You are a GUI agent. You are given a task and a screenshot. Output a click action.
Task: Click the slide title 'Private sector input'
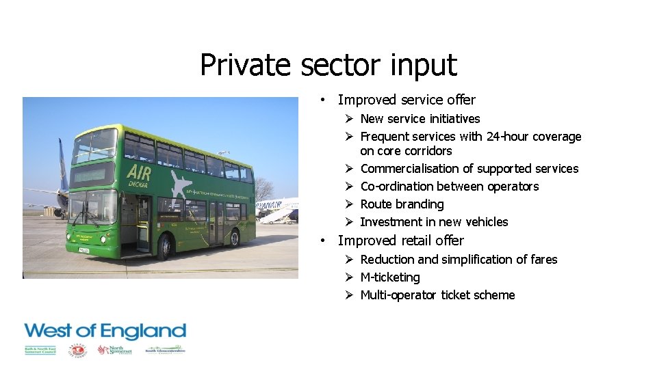pos(328,65)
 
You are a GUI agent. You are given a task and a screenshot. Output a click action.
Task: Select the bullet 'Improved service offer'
pos(407,100)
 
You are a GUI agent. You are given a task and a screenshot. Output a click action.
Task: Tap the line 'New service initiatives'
pos(420,119)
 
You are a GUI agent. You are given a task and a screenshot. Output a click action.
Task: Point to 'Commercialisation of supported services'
pos(469,169)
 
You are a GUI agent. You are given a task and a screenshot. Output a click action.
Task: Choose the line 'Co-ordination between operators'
pos(449,187)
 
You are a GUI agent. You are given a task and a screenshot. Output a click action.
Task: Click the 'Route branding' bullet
pos(402,204)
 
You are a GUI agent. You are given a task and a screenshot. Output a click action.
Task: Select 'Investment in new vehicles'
pos(434,222)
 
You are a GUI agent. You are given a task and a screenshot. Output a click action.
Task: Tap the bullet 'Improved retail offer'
pos(400,241)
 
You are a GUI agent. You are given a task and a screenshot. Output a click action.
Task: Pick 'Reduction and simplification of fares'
pos(459,260)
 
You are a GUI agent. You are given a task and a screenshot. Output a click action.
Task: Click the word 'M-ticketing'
pos(390,277)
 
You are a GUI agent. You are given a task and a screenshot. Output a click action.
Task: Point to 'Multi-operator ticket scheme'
pos(437,295)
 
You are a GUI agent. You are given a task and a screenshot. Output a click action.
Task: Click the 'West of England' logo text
pos(105,332)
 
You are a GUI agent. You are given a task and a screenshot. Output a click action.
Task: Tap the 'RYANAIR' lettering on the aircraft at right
pos(270,204)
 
